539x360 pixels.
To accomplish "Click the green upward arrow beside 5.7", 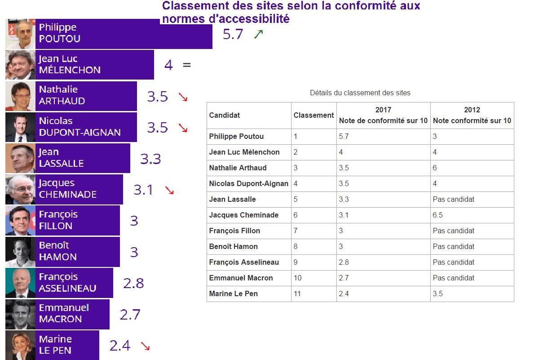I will pyautogui.click(x=258, y=34).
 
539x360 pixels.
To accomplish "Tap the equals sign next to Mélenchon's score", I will pyautogui.click(x=187, y=65).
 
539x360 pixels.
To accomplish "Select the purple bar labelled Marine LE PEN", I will pyautogui.click(x=67, y=345).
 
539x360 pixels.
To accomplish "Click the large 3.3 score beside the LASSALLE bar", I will pyautogui.click(x=150, y=159).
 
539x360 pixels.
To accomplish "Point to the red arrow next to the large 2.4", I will pyautogui.click(x=145, y=346).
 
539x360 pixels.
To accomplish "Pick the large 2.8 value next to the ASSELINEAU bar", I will pyautogui.click(x=133, y=283).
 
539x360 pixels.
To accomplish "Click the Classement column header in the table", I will pyautogui.click(x=314, y=115).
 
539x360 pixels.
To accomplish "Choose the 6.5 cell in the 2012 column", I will pyautogui.click(x=438, y=215).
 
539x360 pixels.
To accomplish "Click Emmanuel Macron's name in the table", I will pyautogui.click(x=241, y=278).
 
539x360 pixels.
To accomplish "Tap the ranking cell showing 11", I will pyautogui.click(x=297, y=293).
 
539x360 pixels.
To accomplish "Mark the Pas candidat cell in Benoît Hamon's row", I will pyautogui.click(x=454, y=246).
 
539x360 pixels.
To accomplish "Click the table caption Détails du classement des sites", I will pyautogui.click(x=360, y=93).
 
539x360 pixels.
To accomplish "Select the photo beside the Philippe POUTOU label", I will pyautogui.click(x=20, y=34).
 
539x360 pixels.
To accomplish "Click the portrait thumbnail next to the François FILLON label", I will pyautogui.click(x=20, y=221).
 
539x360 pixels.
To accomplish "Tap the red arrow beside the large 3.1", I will pyautogui.click(x=169, y=190).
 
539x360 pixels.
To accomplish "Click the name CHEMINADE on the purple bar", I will pyautogui.click(x=68, y=195).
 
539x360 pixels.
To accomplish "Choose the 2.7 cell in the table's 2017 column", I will pyautogui.click(x=344, y=278).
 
